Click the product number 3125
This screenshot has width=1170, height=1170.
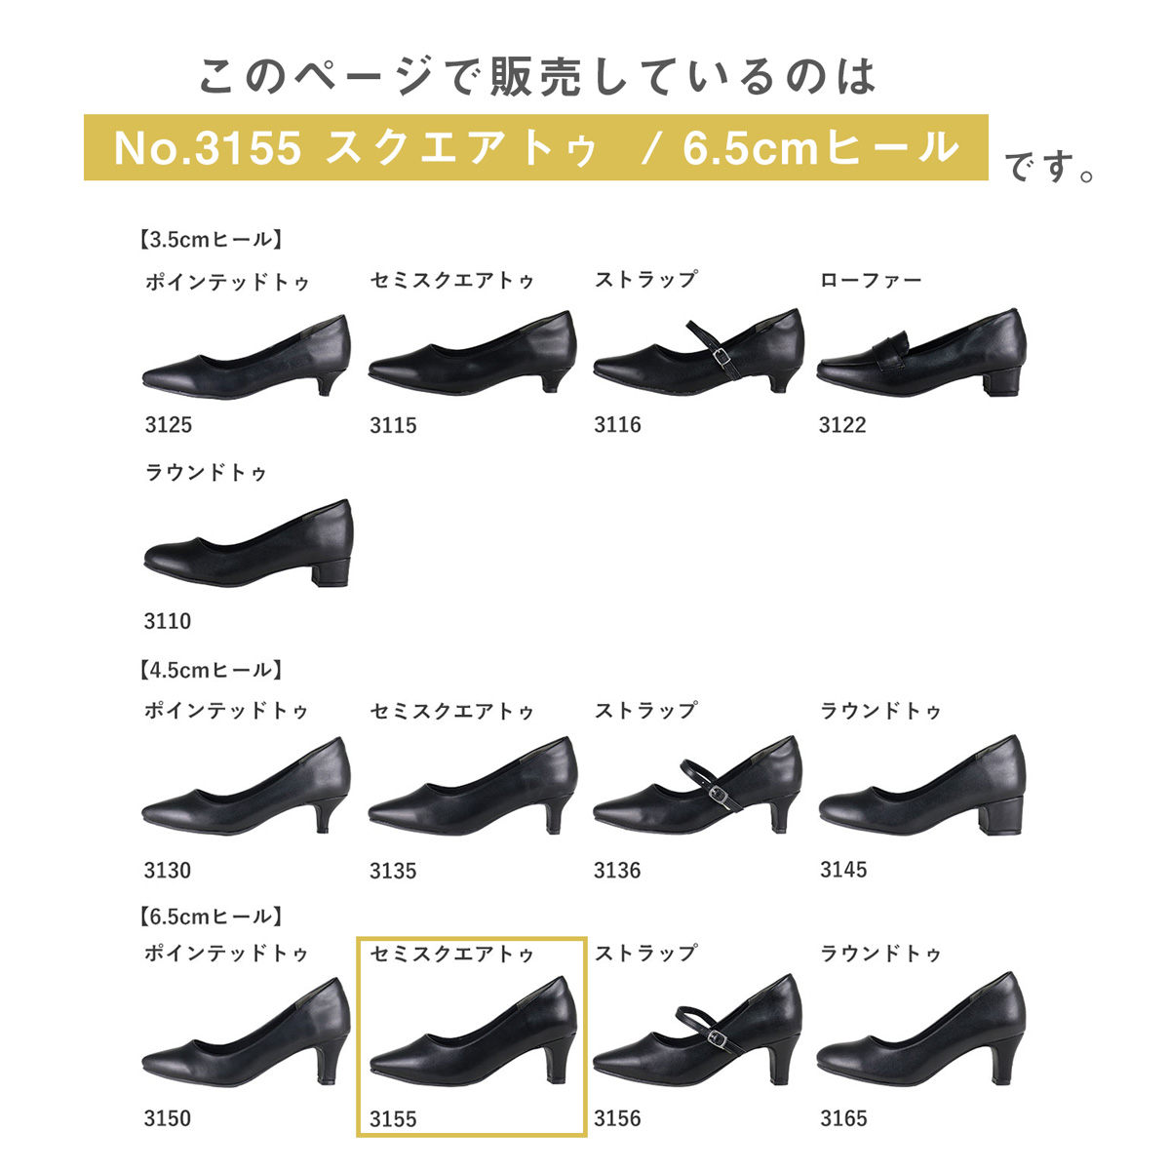pyautogui.click(x=168, y=425)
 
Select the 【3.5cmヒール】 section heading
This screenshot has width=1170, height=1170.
pyautogui.click(x=211, y=240)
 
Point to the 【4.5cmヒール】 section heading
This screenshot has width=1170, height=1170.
pyautogui.click(x=211, y=670)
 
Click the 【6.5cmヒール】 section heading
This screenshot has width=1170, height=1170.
pyautogui.click(x=211, y=916)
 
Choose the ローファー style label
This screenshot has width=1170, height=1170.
pyautogui.click(x=871, y=281)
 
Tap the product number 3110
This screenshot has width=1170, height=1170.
pyautogui.click(x=168, y=621)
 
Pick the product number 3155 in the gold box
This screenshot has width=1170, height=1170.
pyautogui.click(x=393, y=1119)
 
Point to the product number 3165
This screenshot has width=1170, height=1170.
pyautogui.click(x=843, y=1118)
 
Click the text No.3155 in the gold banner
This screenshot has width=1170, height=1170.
pyautogui.click(x=208, y=148)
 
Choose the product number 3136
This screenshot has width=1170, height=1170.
pyautogui.click(x=617, y=871)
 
